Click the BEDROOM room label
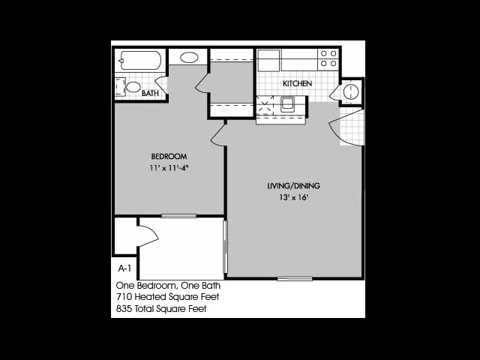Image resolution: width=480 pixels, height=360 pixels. coord(169,157)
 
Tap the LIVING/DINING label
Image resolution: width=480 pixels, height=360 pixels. coord(293,186)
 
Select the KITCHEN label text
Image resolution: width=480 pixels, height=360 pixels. coord(297,83)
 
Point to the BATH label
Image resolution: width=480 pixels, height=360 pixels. coord(150,93)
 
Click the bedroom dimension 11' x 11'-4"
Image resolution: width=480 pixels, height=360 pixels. coord(169,168)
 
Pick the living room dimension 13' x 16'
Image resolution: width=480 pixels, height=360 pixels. coord(293,197)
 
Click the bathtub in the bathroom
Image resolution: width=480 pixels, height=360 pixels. coord(140,60)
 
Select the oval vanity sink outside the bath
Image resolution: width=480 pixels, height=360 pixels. coord(189,57)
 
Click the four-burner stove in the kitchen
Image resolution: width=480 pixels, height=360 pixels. coord(328,58)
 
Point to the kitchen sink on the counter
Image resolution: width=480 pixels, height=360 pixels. coord(287,104)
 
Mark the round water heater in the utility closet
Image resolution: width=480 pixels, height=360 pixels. coord(350,91)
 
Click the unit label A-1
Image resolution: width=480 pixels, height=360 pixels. coord(124,268)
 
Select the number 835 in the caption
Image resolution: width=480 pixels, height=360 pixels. coord(124,308)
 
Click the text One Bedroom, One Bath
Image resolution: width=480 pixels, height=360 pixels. coord(168,286)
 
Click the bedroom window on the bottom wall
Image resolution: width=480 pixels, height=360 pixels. coord(178,216)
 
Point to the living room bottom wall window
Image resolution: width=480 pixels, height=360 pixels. coord(295,278)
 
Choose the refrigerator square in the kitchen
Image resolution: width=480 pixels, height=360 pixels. coord(268,61)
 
